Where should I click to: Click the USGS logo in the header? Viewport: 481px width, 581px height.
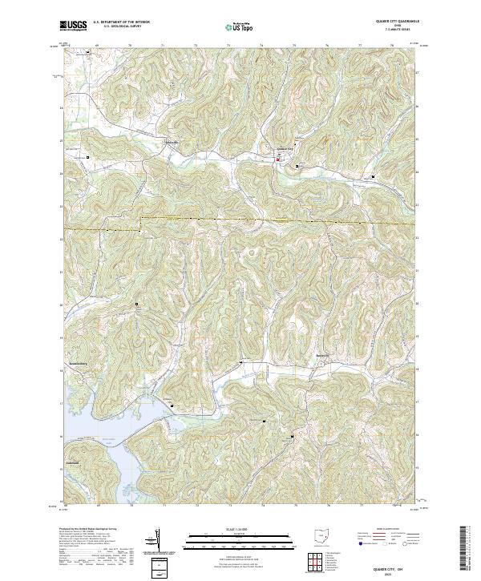click(75, 26)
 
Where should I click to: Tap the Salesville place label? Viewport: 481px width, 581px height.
click(172, 143)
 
